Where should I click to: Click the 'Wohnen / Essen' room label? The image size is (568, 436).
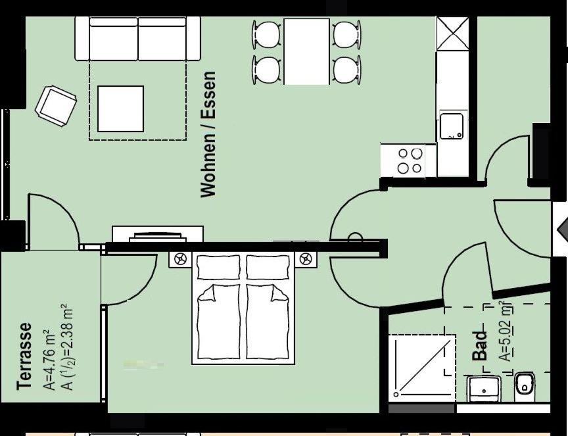pos(208,134)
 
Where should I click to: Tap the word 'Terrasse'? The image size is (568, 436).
pos(24,356)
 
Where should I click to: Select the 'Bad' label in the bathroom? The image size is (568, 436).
pos(480,346)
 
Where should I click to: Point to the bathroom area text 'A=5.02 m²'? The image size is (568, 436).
pos(506,331)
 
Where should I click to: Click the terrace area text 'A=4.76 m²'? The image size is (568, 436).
pos(49,360)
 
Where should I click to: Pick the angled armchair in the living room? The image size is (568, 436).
pos(56,106)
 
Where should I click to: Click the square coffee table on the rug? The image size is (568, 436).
pos(120,109)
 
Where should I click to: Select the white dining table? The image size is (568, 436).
pos(306,51)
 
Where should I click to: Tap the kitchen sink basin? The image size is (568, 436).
pos(452,126)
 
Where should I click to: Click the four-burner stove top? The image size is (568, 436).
pos(408,160)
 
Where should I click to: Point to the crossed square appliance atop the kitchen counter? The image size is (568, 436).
pos(452,34)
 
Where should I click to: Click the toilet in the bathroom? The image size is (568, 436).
pos(524,387)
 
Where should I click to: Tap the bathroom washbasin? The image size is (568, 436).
pos(484,389)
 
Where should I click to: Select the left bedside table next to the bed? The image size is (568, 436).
pos(179,260)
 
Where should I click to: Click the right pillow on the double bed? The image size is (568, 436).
pos(268,267)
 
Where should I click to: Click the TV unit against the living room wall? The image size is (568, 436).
pos(158,234)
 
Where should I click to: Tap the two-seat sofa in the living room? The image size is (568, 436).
pos(137,39)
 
